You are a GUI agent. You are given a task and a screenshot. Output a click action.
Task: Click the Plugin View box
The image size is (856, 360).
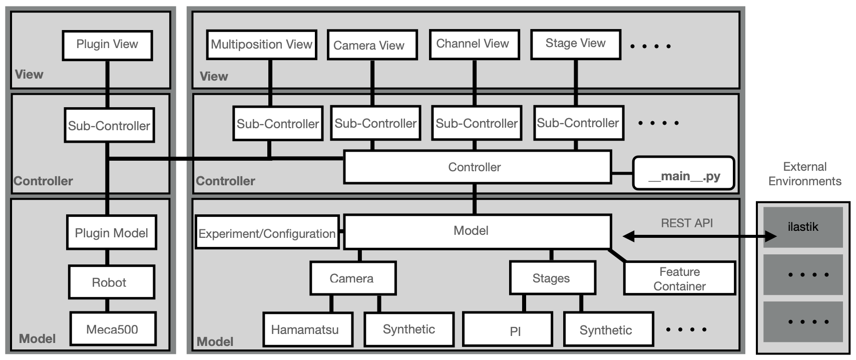(x=107, y=45)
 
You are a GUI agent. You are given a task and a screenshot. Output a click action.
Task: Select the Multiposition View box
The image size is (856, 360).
(x=262, y=45)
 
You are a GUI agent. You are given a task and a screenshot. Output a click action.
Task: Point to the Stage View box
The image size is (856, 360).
(x=575, y=44)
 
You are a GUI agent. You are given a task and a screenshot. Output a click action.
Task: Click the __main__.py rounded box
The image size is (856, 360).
(x=683, y=174)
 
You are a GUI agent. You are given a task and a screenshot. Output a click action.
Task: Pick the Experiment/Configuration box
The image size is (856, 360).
(x=267, y=232)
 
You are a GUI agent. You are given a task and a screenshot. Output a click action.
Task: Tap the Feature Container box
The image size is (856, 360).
(x=679, y=278)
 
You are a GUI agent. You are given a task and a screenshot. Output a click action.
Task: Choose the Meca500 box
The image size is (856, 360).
(x=113, y=328)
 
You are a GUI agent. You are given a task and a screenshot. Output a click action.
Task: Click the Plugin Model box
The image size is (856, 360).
(x=112, y=232)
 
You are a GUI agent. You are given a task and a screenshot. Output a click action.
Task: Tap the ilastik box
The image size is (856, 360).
(x=802, y=227)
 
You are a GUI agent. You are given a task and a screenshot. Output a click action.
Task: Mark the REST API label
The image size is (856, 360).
(x=687, y=223)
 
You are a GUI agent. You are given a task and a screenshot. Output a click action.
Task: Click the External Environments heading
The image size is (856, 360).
(x=804, y=174)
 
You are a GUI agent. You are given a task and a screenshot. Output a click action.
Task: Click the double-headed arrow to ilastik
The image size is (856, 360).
(x=698, y=236)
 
